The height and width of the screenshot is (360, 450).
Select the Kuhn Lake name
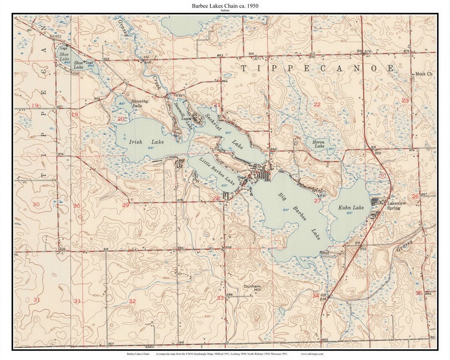tap(351, 207)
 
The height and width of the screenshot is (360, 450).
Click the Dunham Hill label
tap(252, 289)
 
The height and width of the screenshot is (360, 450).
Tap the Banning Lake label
tap(140, 103)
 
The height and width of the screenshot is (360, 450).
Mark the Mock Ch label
tap(424, 74)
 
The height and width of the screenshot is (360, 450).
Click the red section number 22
tap(317, 104)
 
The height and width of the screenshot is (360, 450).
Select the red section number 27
tap(317, 200)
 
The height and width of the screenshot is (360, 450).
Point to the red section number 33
tap(220, 298)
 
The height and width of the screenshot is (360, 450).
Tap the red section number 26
tap(415, 196)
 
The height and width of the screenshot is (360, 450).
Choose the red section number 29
tap(125, 205)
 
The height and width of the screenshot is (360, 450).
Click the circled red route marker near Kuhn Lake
tap(382, 176)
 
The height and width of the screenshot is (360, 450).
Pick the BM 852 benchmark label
tap(55, 37)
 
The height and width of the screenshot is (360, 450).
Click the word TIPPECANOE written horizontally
tap(317, 68)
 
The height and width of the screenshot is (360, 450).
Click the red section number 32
tap(132, 301)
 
